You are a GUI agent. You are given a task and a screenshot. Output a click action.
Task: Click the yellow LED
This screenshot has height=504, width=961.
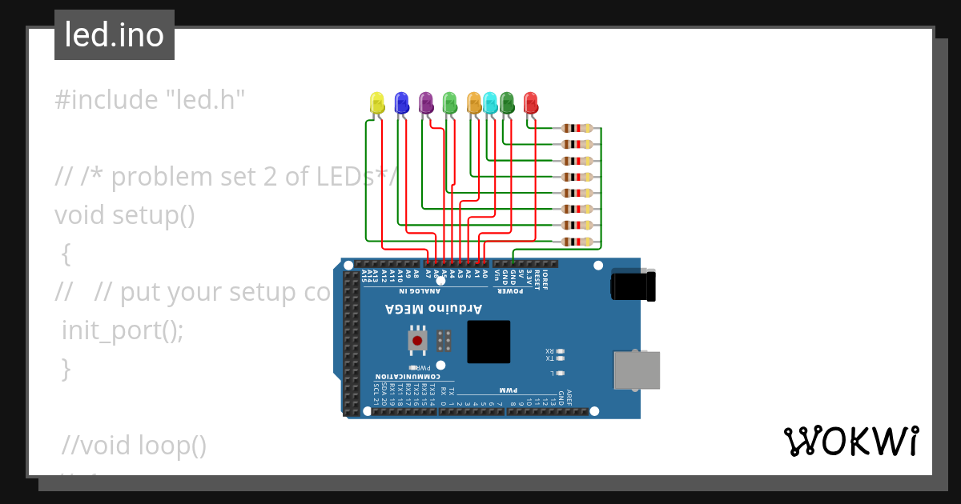tap(377, 102)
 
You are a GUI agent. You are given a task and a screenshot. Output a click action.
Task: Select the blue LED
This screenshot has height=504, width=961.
tap(401, 102)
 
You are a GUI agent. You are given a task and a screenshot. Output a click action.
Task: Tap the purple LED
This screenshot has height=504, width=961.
tap(426, 102)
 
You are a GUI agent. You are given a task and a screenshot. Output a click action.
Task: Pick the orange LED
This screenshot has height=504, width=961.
tap(473, 102)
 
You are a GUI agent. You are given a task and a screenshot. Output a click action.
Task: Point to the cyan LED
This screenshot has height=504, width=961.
tap(490, 102)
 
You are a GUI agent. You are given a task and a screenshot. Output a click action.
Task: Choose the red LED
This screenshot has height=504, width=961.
tap(530, 102)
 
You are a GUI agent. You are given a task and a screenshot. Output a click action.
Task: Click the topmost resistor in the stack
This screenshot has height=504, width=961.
tap(577, 128)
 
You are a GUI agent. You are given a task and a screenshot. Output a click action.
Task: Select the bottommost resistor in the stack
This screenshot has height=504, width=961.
tap(577, 242)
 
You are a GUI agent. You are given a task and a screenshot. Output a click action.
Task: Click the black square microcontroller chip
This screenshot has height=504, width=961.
tap(489, 342)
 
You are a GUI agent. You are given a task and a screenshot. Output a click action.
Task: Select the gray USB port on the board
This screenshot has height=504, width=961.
tap(637, 370)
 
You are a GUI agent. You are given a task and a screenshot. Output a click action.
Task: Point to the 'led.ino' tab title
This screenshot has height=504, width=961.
tap(115, 35)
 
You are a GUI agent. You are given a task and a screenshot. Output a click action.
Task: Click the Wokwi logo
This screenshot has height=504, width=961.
tap(851, 441)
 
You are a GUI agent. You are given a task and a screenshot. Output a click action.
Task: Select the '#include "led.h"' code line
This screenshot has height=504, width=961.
tap(150, 100)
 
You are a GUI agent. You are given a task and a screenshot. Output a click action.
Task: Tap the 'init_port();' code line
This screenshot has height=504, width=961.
tap(123, 330)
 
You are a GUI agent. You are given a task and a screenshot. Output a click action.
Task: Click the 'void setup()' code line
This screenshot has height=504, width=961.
tap(125, 215)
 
